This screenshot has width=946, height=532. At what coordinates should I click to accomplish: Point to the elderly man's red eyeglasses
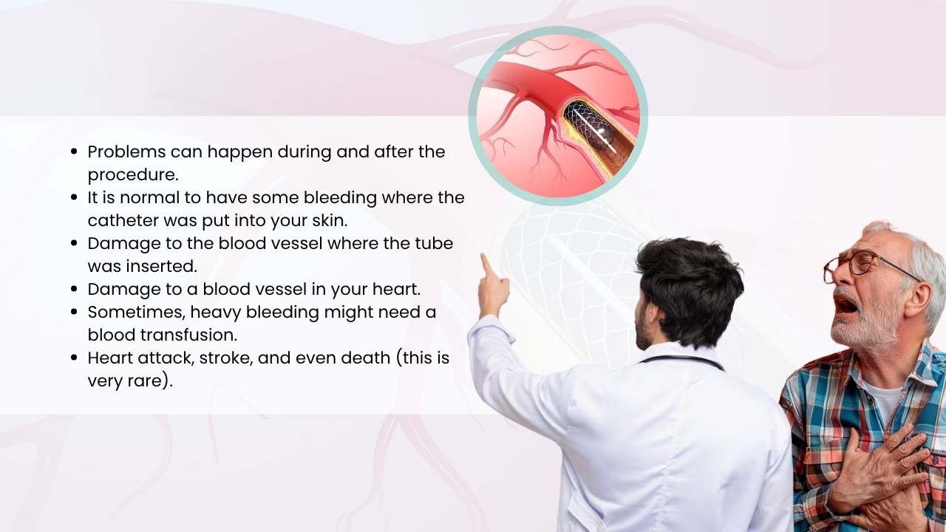click(x=857, y=264)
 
